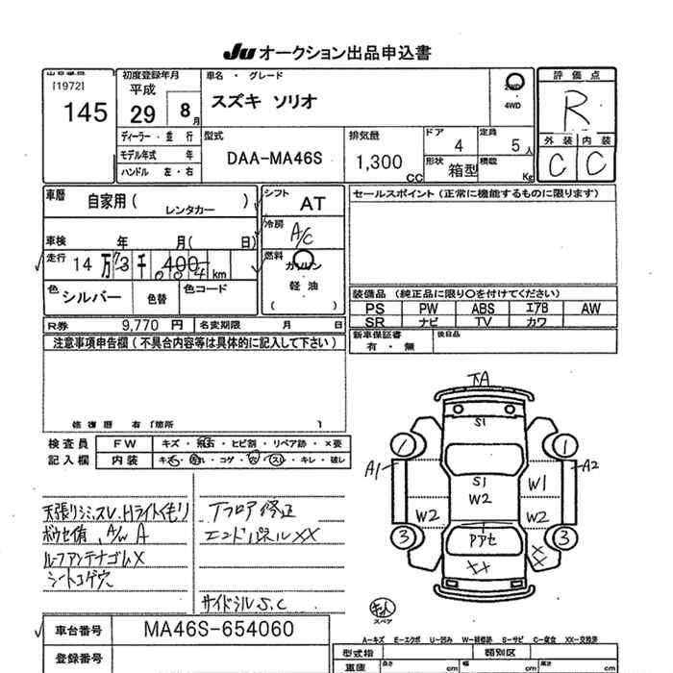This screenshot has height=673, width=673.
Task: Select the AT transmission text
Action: (x=312, y=204)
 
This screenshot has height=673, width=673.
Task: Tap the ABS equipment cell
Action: (x=484, y=309)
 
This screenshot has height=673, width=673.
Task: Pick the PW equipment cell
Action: (x=429, y=309)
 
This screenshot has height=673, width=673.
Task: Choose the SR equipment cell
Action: (x=375, y=321)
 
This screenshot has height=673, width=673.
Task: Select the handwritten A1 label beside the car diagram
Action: (x=374, y=468)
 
